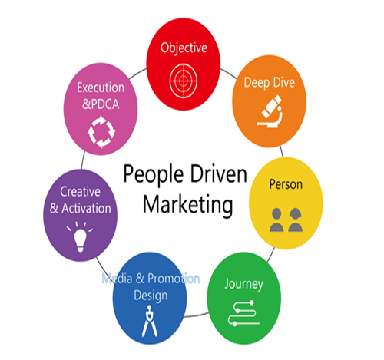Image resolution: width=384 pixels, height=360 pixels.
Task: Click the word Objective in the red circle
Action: (x=184, y=48)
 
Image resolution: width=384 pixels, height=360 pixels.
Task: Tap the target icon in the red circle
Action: (x=184, y=81)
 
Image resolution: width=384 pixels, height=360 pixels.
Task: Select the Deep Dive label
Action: (x=269, y=83)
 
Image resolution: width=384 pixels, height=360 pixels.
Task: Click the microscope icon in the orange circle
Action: (x=270, y=111)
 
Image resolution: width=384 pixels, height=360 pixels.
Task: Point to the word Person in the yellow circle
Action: (x=286, y=184)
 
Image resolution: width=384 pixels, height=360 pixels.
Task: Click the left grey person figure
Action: (x=276, y=220)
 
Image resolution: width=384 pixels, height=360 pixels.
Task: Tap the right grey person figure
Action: (x=296, y=220)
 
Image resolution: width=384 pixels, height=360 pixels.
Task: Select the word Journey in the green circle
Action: (x=243, y=284)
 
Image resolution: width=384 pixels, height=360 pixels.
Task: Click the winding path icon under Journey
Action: (x=243, y=313)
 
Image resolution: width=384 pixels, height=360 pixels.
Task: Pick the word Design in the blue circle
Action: (x=151, y=296)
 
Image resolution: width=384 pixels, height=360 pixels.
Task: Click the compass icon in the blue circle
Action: (x=150, y=321)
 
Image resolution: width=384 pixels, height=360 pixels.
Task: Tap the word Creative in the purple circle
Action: (x=80, y=192)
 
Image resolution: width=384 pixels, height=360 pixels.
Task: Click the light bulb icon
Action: (x=80, y=237)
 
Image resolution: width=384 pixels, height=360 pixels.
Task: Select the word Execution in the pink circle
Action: (x=101, y=88)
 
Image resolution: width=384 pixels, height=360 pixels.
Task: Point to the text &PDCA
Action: (x=101, y=104)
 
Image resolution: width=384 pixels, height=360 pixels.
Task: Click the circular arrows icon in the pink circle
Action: (x=101, y=132)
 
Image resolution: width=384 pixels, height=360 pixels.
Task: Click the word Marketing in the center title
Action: (x=188, y=205)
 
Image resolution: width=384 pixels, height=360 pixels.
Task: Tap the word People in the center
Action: (x=154, y=175)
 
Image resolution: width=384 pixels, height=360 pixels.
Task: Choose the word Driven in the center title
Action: (x=218, y=173)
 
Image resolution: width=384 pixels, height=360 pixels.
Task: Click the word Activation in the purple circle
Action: (x=86, y=209)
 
